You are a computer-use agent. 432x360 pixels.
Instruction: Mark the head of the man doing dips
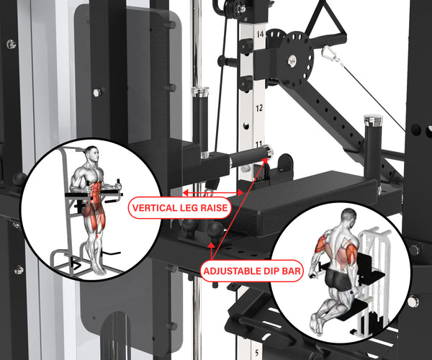[x=348, y=217]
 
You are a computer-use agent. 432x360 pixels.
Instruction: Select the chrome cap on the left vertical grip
[x=199, y=91]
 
